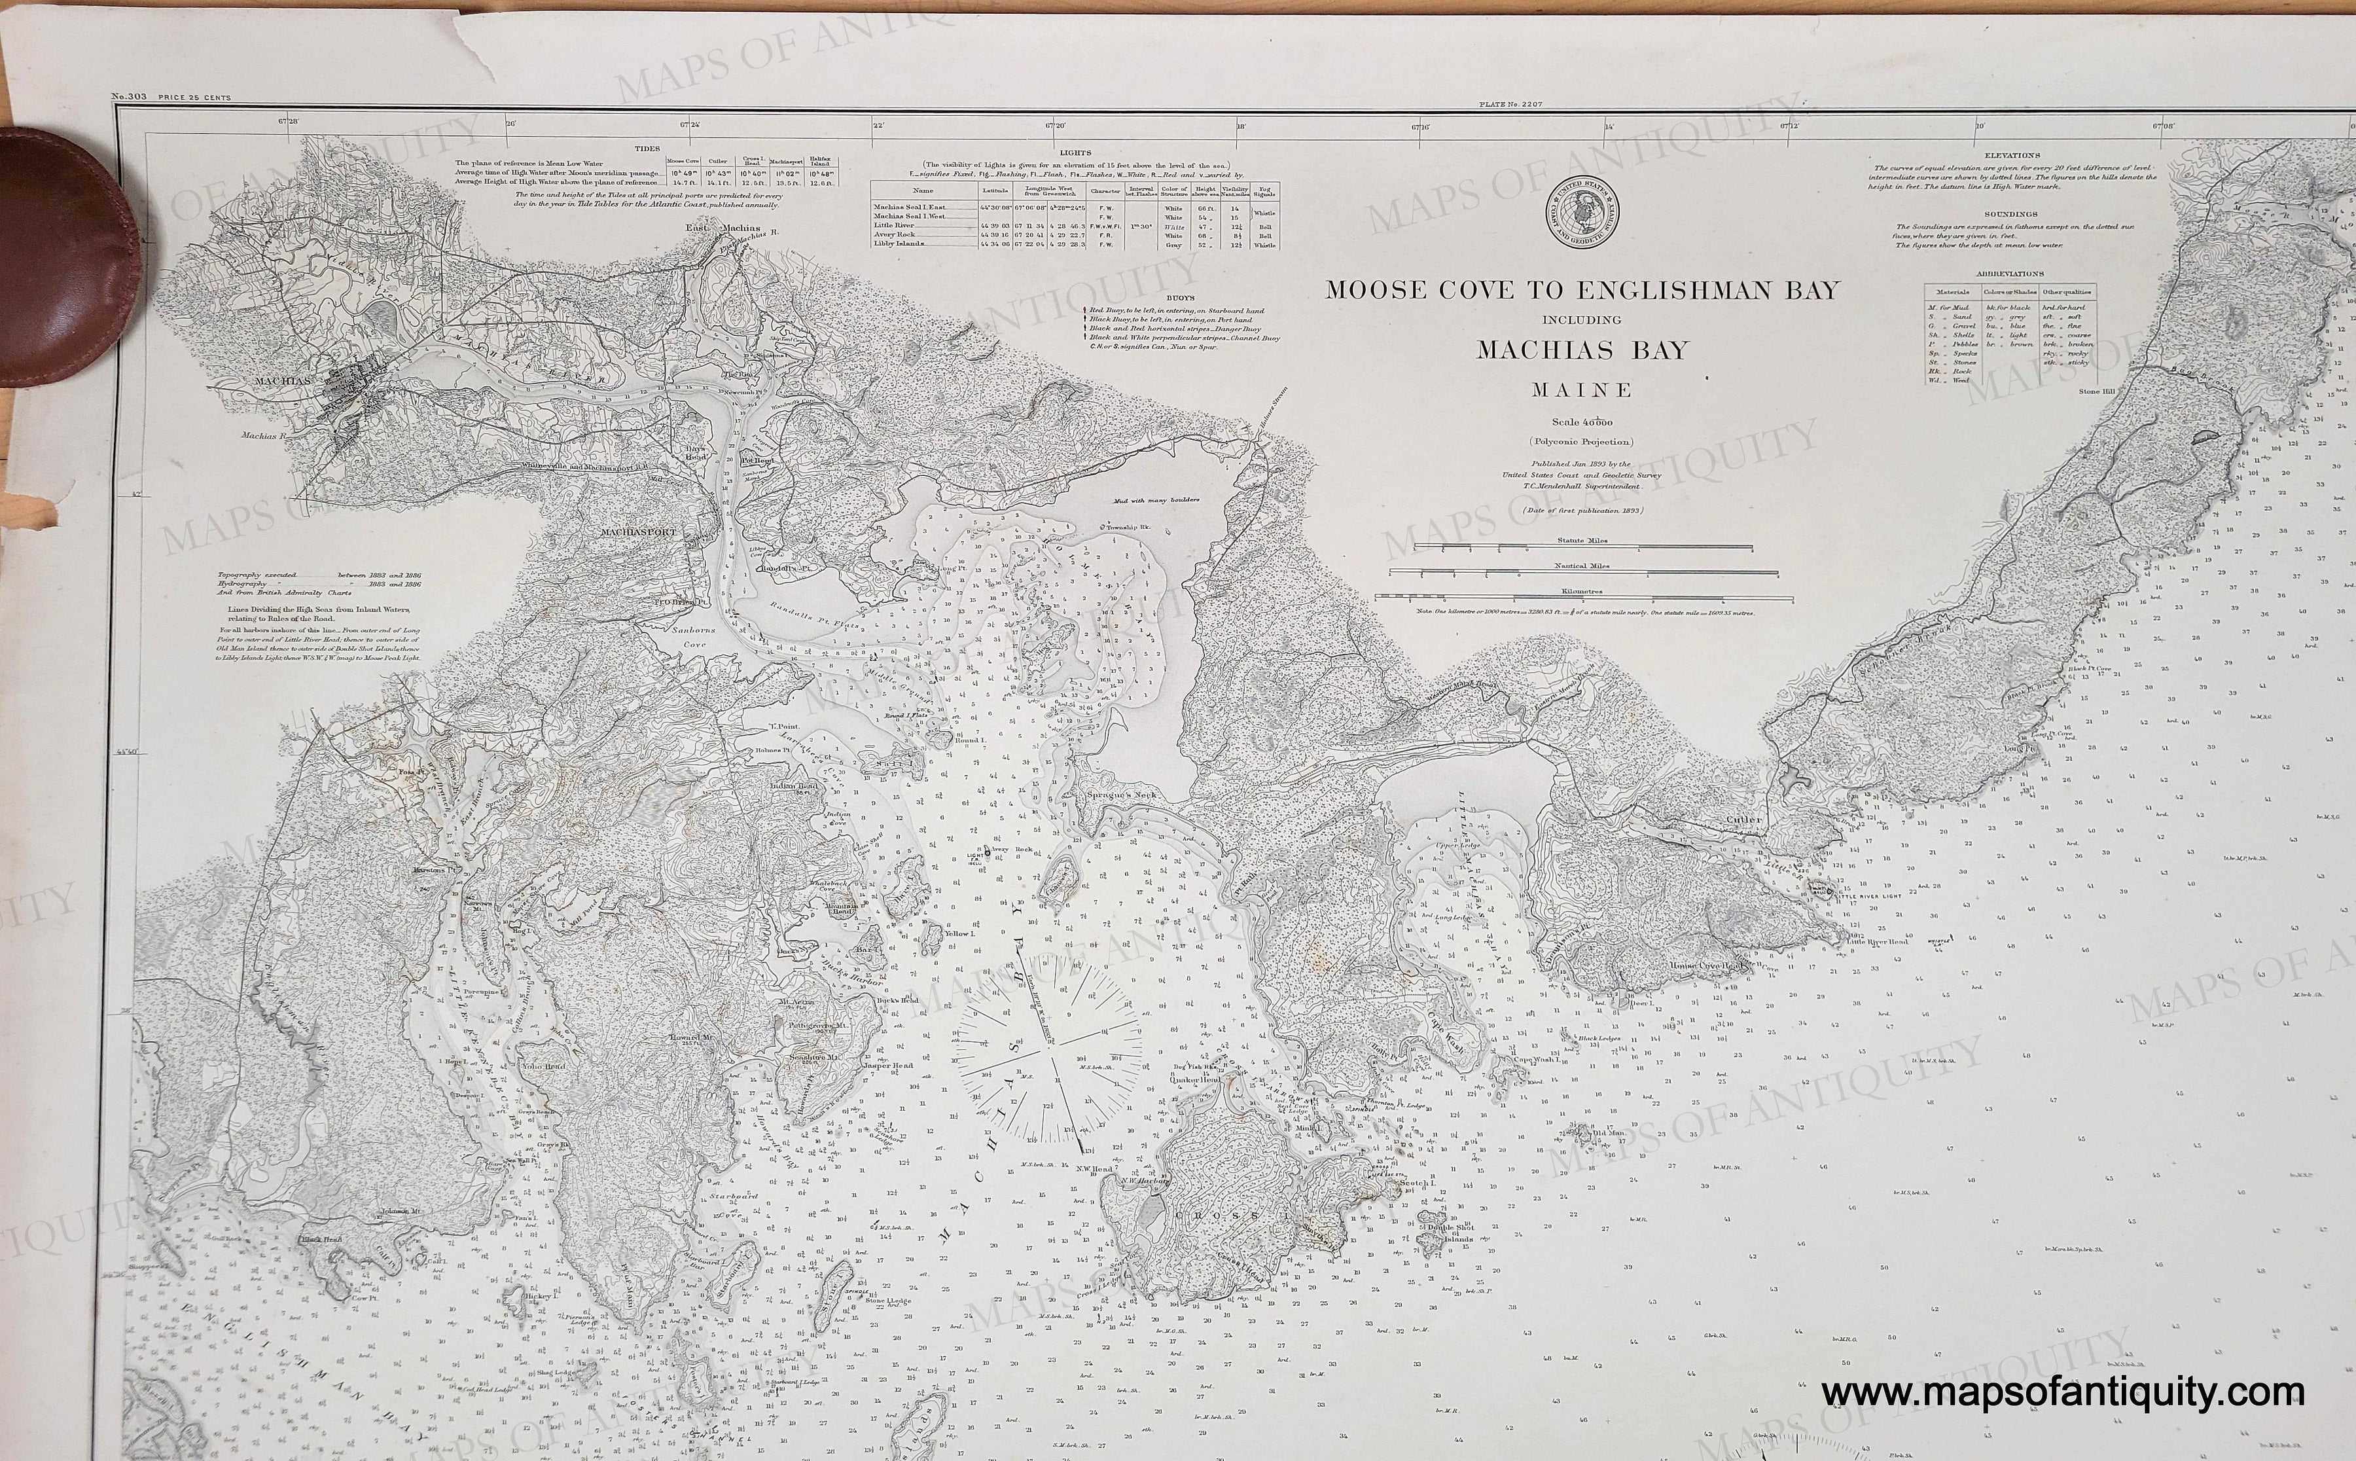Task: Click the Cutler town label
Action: click(1741, 820)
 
